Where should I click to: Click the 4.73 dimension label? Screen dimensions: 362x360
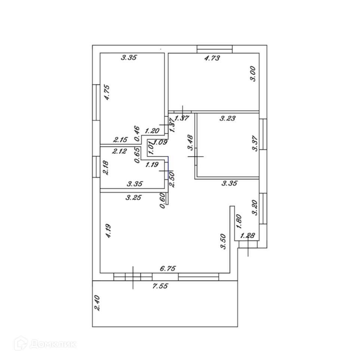tap(212, 58)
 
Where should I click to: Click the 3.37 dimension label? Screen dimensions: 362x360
tap(255, 143)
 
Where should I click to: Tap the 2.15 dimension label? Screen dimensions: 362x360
tap(121, 140)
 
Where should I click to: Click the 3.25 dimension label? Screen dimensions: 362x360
tap(134, 198)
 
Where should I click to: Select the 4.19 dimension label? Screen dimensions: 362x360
tap(108, 231)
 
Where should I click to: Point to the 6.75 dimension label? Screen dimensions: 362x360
tap(168, 268)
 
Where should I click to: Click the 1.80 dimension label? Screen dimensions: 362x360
tap(239, 221)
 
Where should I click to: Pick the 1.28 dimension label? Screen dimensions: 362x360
tap(247, 236)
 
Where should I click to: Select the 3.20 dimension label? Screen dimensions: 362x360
tap(255, 208)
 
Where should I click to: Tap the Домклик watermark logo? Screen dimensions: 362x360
tap(45, 344)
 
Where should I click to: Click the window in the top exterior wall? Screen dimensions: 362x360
tap(215, 49)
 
